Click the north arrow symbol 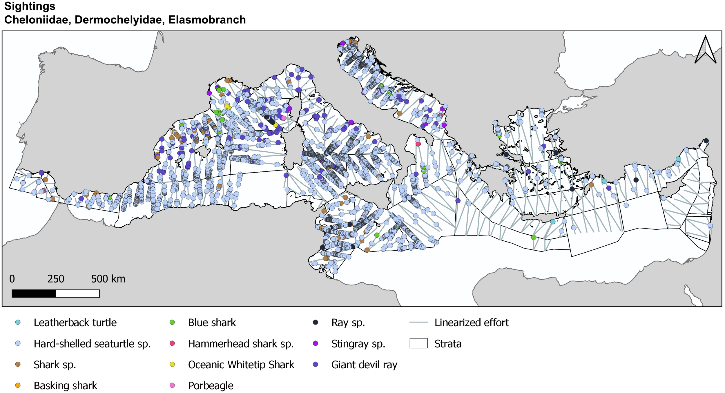pos(705,50)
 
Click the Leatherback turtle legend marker pos(18,322)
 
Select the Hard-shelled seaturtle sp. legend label pos(92,344)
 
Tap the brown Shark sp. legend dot pos(18,364)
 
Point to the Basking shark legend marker pos(18,385)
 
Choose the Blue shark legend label pos(212,323)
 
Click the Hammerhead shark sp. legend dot pos(172,343)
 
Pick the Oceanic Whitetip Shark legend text pos(241,365)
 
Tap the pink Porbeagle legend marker pos(172,385)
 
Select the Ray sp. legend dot pos(316,322)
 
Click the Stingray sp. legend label pos(358,344)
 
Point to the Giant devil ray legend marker pos(316,364)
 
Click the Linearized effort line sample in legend pos(418,322)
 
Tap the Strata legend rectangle pos(418,343)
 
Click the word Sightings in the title pos(30,6)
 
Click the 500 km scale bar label pos(108,279)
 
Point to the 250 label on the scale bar pos(56,279)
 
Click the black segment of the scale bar pos(34,294)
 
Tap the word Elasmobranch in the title pos(207,20)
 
